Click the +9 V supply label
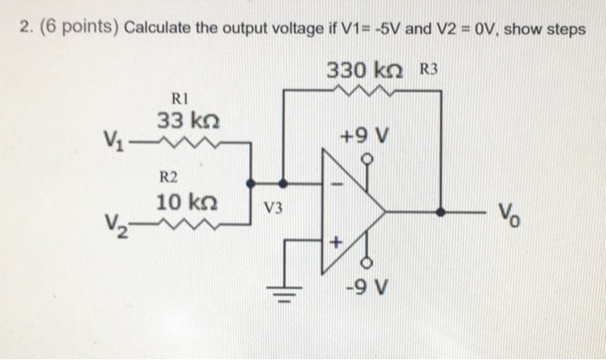[368, 137]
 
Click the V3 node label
[274, 208]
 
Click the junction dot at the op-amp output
[441, 210]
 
